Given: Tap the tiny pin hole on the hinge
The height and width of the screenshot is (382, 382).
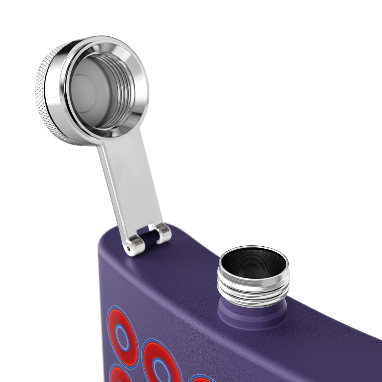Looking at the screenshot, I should click(x=129, y=248).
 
